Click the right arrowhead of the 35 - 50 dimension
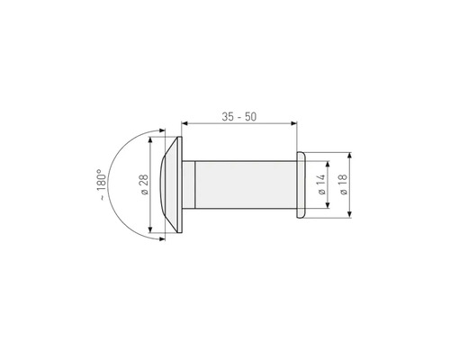pos(297,125)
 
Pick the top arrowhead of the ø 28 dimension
pos(153,141)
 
